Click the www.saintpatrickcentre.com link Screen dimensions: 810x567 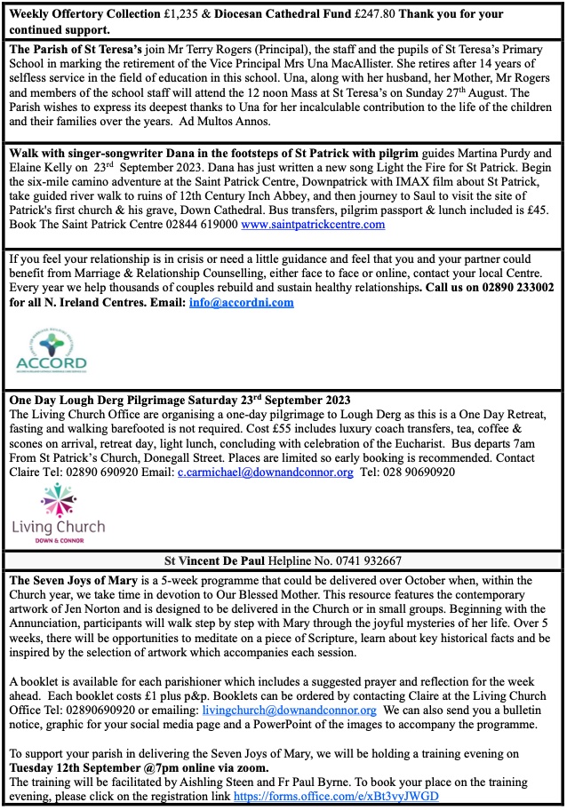pos(313,225)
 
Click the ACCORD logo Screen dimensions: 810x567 pos(52,349)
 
